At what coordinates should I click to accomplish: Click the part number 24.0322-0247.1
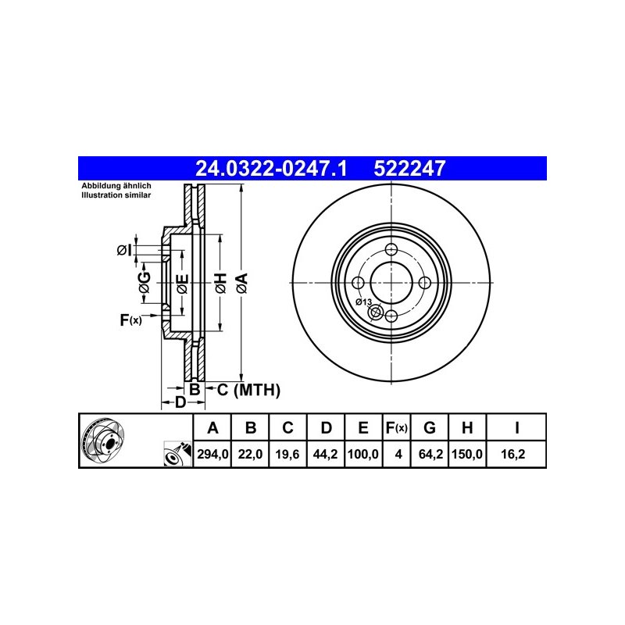pos(271,168)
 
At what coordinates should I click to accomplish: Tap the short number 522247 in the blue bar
pos(409,168)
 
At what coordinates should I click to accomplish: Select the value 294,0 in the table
pos(212,454)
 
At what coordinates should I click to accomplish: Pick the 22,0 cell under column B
pos(250,454)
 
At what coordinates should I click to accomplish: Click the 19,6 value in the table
pos(287,454)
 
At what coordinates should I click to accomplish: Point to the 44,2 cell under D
pos(325,454)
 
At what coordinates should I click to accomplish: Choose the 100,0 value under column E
pos(362,454)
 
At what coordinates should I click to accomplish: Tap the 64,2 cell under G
pos(430,454)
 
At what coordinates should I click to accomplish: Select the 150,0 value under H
pos(466,454)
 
